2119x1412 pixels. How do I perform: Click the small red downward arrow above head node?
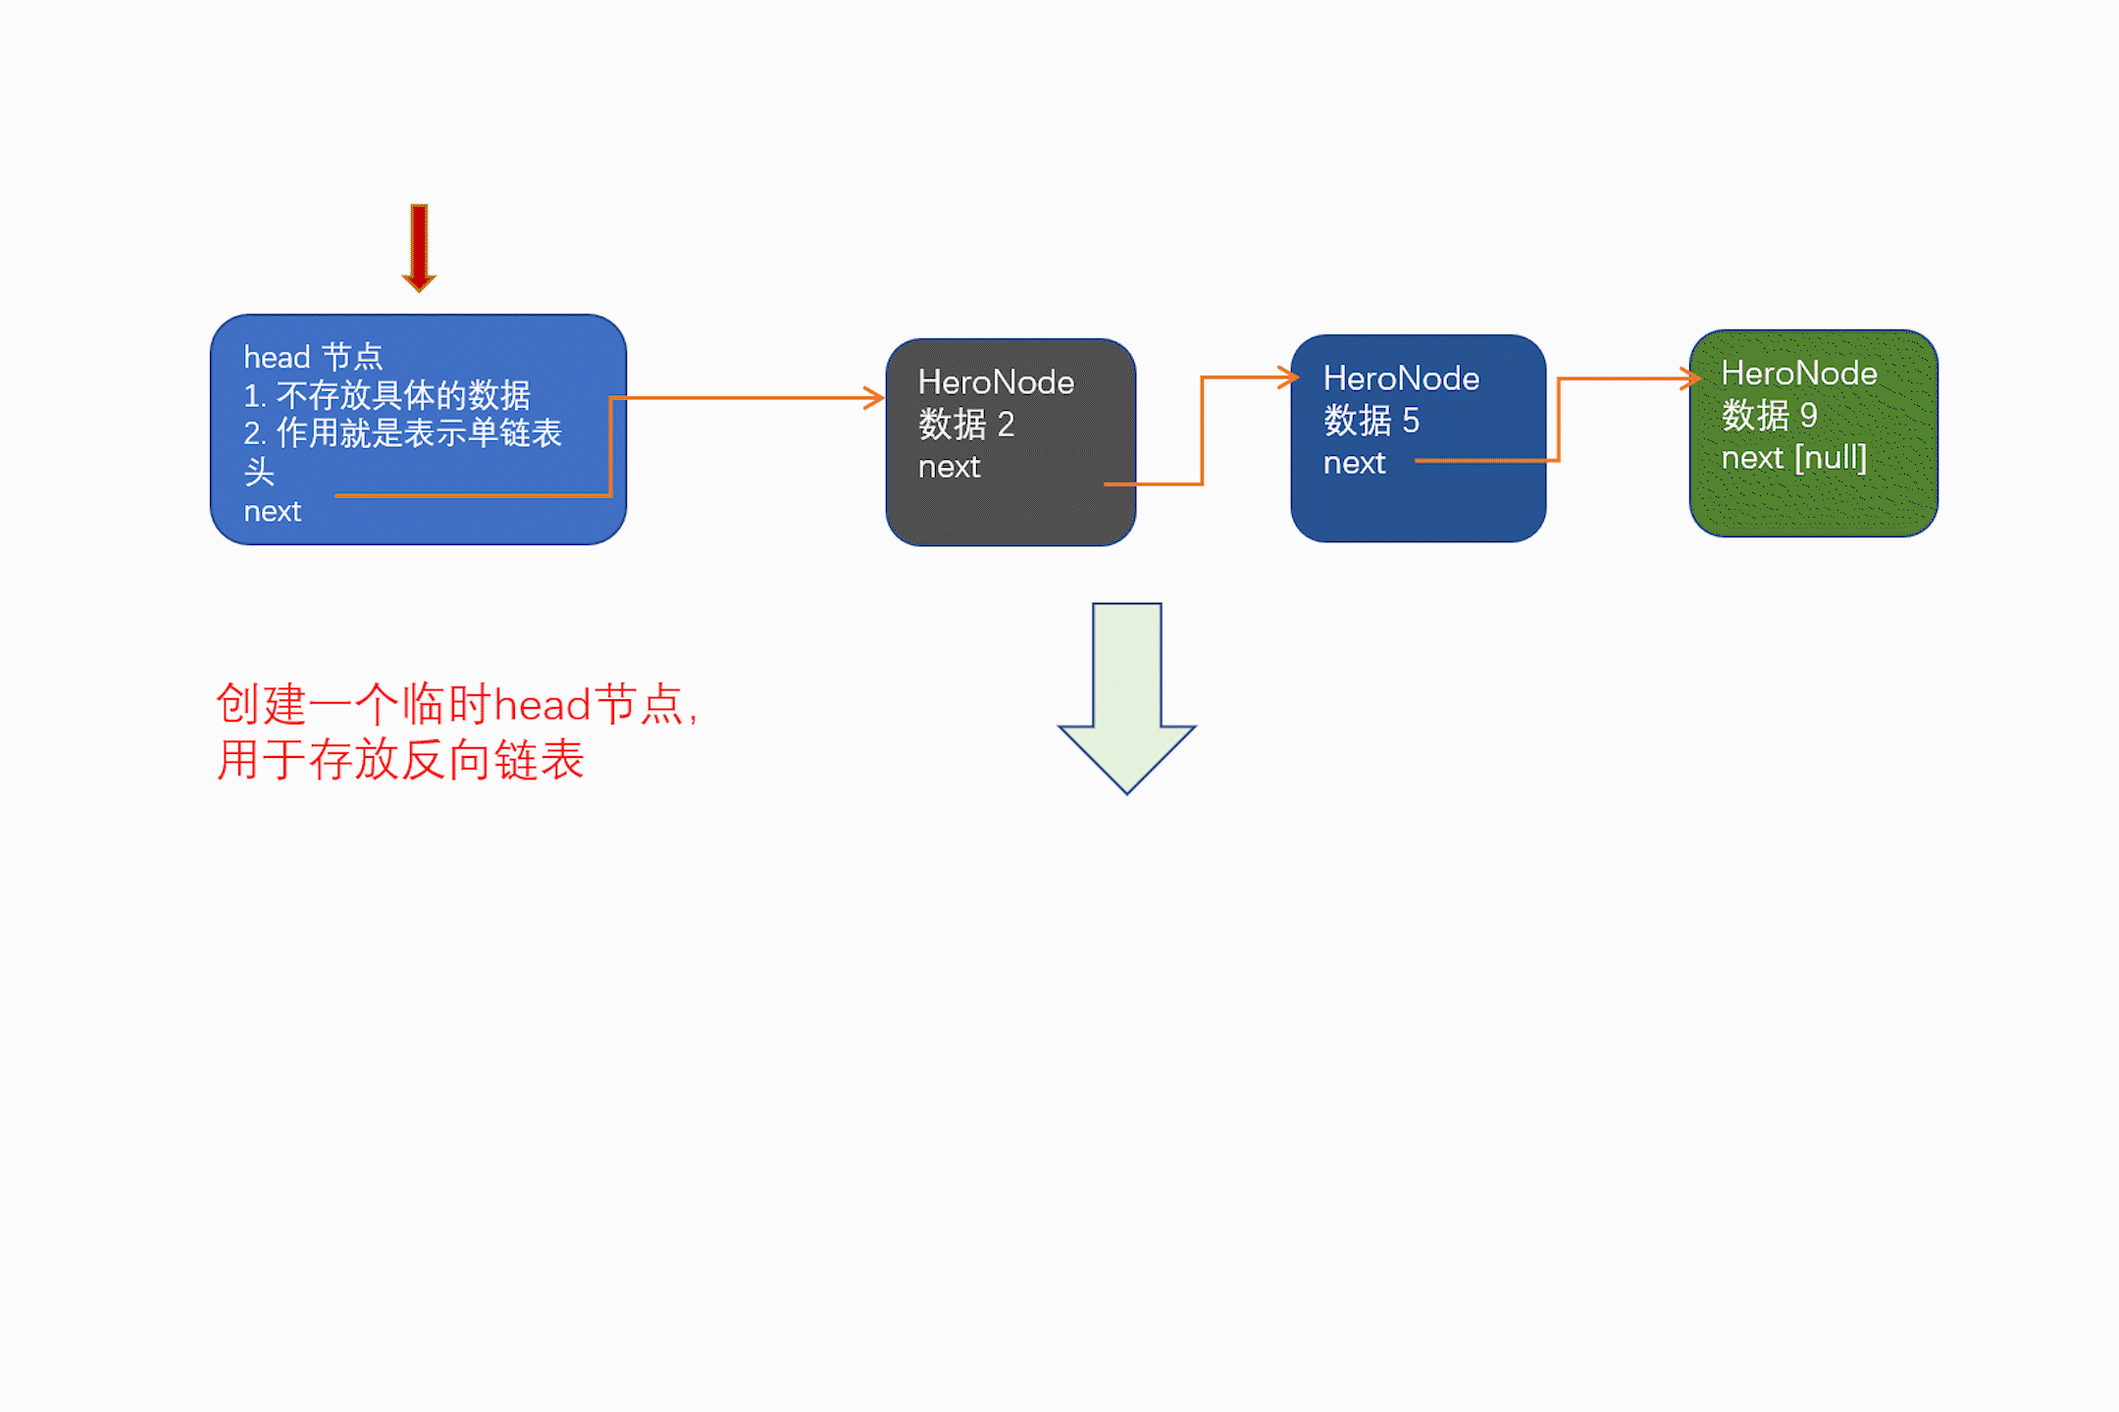(x=419, y=247)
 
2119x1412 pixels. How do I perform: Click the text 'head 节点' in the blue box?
(x=313, y=357)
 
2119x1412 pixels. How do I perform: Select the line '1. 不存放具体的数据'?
(x=387, y=395)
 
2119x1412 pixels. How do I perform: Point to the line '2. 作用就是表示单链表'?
(x=402, y=433)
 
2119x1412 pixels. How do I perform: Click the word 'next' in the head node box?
(x=272, y=512)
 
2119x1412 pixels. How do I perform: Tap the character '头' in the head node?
(x=259, y=473)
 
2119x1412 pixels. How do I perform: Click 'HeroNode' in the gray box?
(x=996, y=382)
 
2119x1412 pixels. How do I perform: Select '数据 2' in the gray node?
(x=966, y=425)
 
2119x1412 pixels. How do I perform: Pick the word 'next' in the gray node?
(x=949, y=467)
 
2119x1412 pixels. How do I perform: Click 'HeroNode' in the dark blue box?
(x=1401, y=378)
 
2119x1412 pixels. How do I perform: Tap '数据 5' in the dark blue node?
(x=1371, y=421)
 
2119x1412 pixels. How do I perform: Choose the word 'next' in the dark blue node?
(x=1354, y=463)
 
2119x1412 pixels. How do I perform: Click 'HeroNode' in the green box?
(x=1799, y=374)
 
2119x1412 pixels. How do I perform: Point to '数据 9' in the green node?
(x=1769, y=416)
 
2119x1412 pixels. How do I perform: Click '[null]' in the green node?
(x=1831, y=458)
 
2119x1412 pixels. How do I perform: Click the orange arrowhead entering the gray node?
(x=874, y=398)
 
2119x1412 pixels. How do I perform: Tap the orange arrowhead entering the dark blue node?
(x=1288, y=378)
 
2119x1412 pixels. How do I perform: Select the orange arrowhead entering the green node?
(x=1690, y=378)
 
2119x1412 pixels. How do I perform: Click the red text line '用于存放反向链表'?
(x=400, y=760)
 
